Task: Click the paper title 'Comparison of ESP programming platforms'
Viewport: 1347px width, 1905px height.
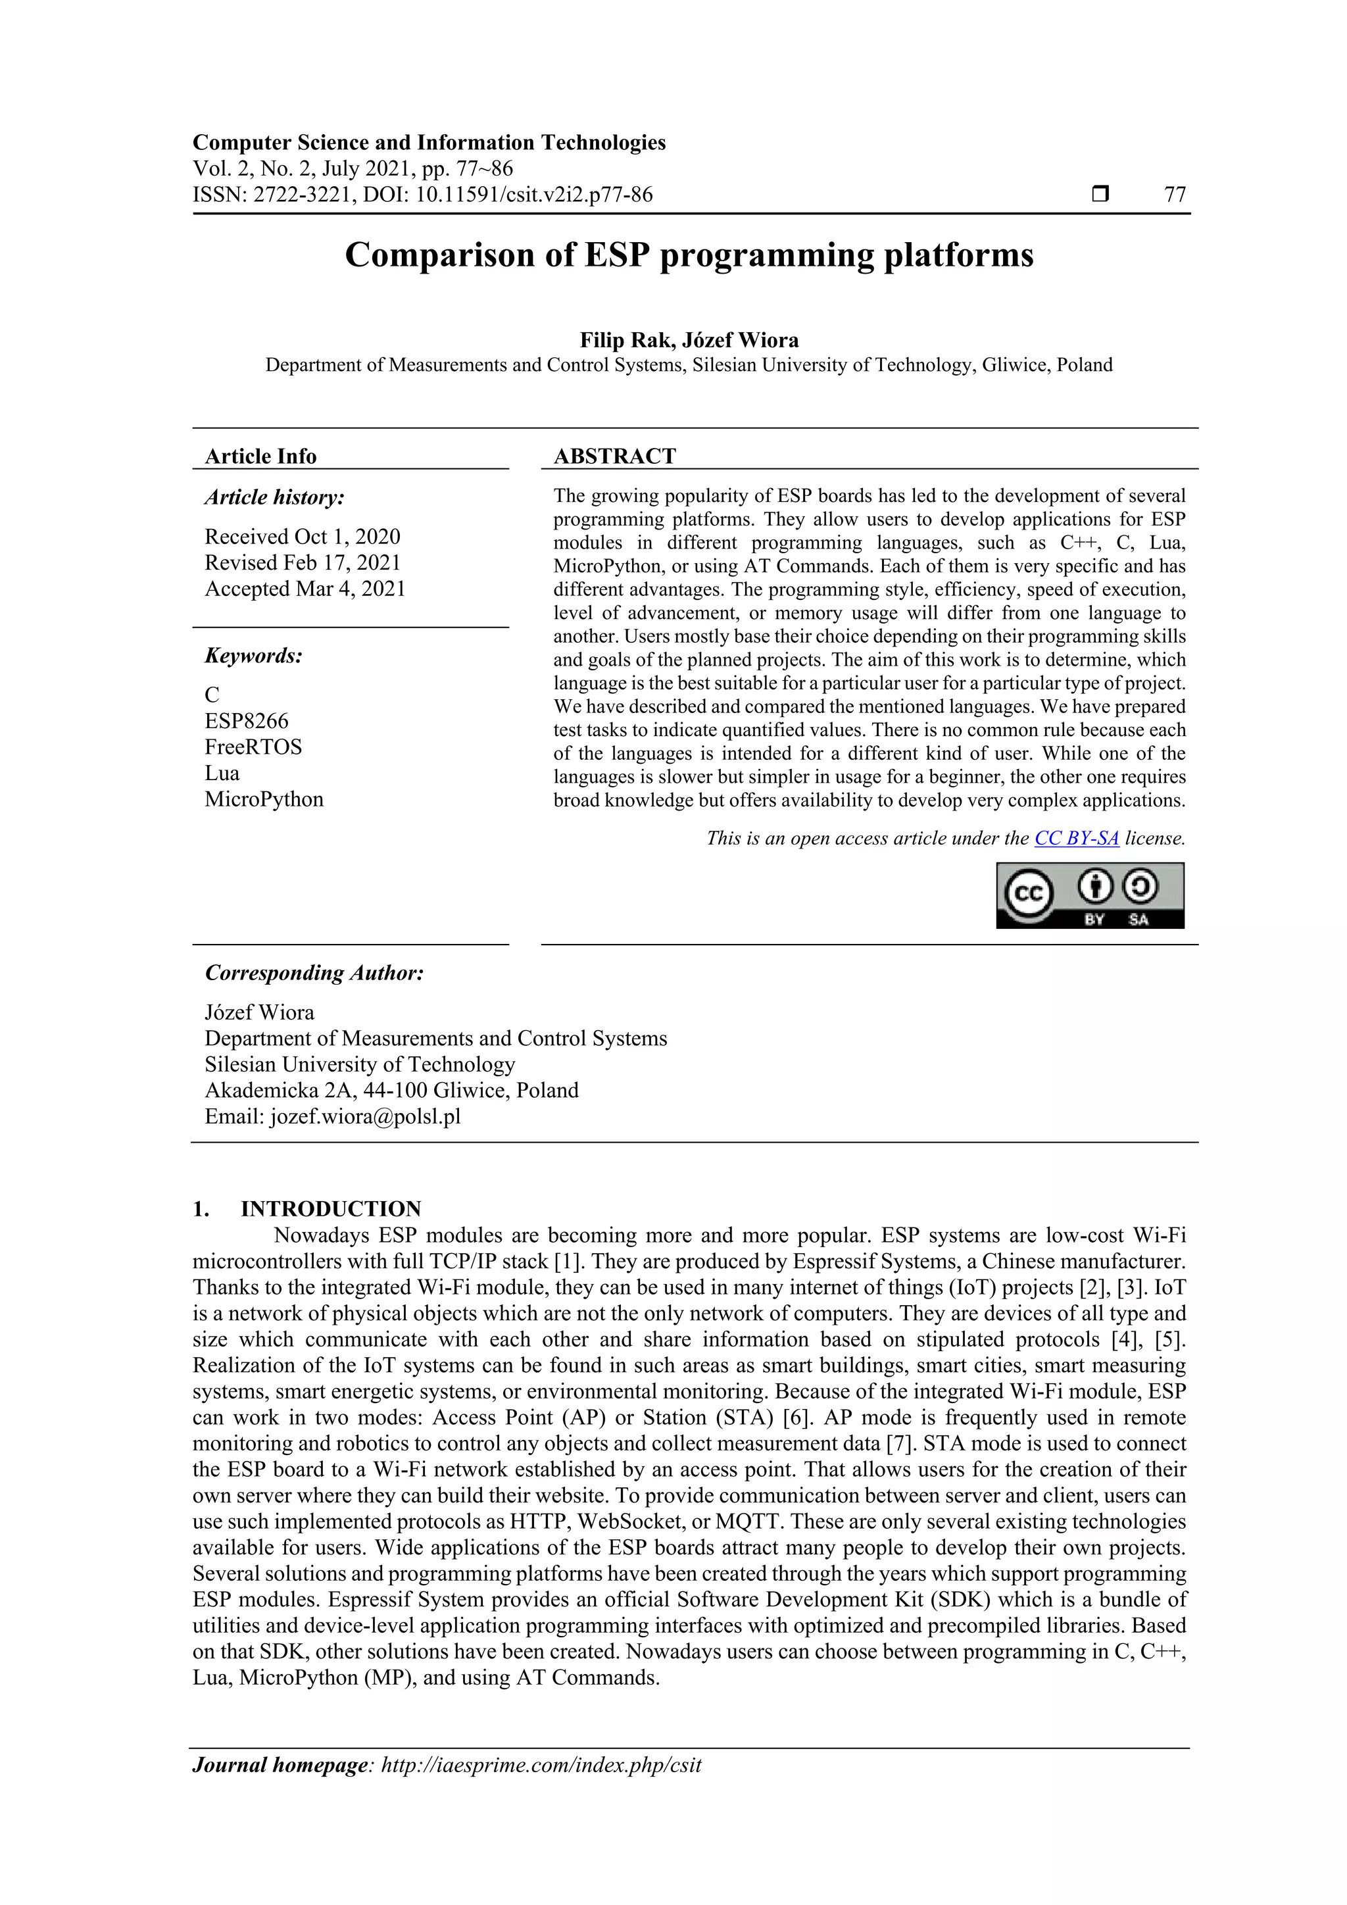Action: [x=689, y=255]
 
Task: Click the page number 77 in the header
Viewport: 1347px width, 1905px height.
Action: [x=1175, y=195]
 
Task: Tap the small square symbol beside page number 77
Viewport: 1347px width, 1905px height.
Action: [x=1100, y=194]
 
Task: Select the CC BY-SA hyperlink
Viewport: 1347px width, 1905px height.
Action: [x=1077, y=838]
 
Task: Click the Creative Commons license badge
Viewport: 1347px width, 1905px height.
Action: [x=1089, y=895]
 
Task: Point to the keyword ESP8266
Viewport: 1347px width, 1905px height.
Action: [x=247, y=720]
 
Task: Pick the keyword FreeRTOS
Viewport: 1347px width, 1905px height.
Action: [x=253, y=747]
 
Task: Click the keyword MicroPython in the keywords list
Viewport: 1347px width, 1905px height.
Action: [x=264, y=799]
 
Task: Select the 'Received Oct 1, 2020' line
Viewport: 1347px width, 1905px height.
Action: [x=302, y=537]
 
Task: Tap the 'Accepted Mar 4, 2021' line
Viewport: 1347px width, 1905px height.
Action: [x=305, y=589]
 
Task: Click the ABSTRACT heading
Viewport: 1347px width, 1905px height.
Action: [x=614, y=457]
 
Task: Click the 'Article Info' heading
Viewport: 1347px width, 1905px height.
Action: [x=260, y=457]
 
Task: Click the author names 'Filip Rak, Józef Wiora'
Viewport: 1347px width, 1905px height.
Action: [x=689, y=340]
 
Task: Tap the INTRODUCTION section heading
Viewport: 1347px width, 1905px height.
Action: [x=330, y=1209]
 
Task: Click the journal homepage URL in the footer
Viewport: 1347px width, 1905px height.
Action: [x=541, y=1765]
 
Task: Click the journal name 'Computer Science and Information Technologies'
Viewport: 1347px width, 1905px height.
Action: [x=429, y=143]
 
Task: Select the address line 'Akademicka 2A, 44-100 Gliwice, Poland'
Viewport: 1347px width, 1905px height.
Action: [x=391, y=1090]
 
